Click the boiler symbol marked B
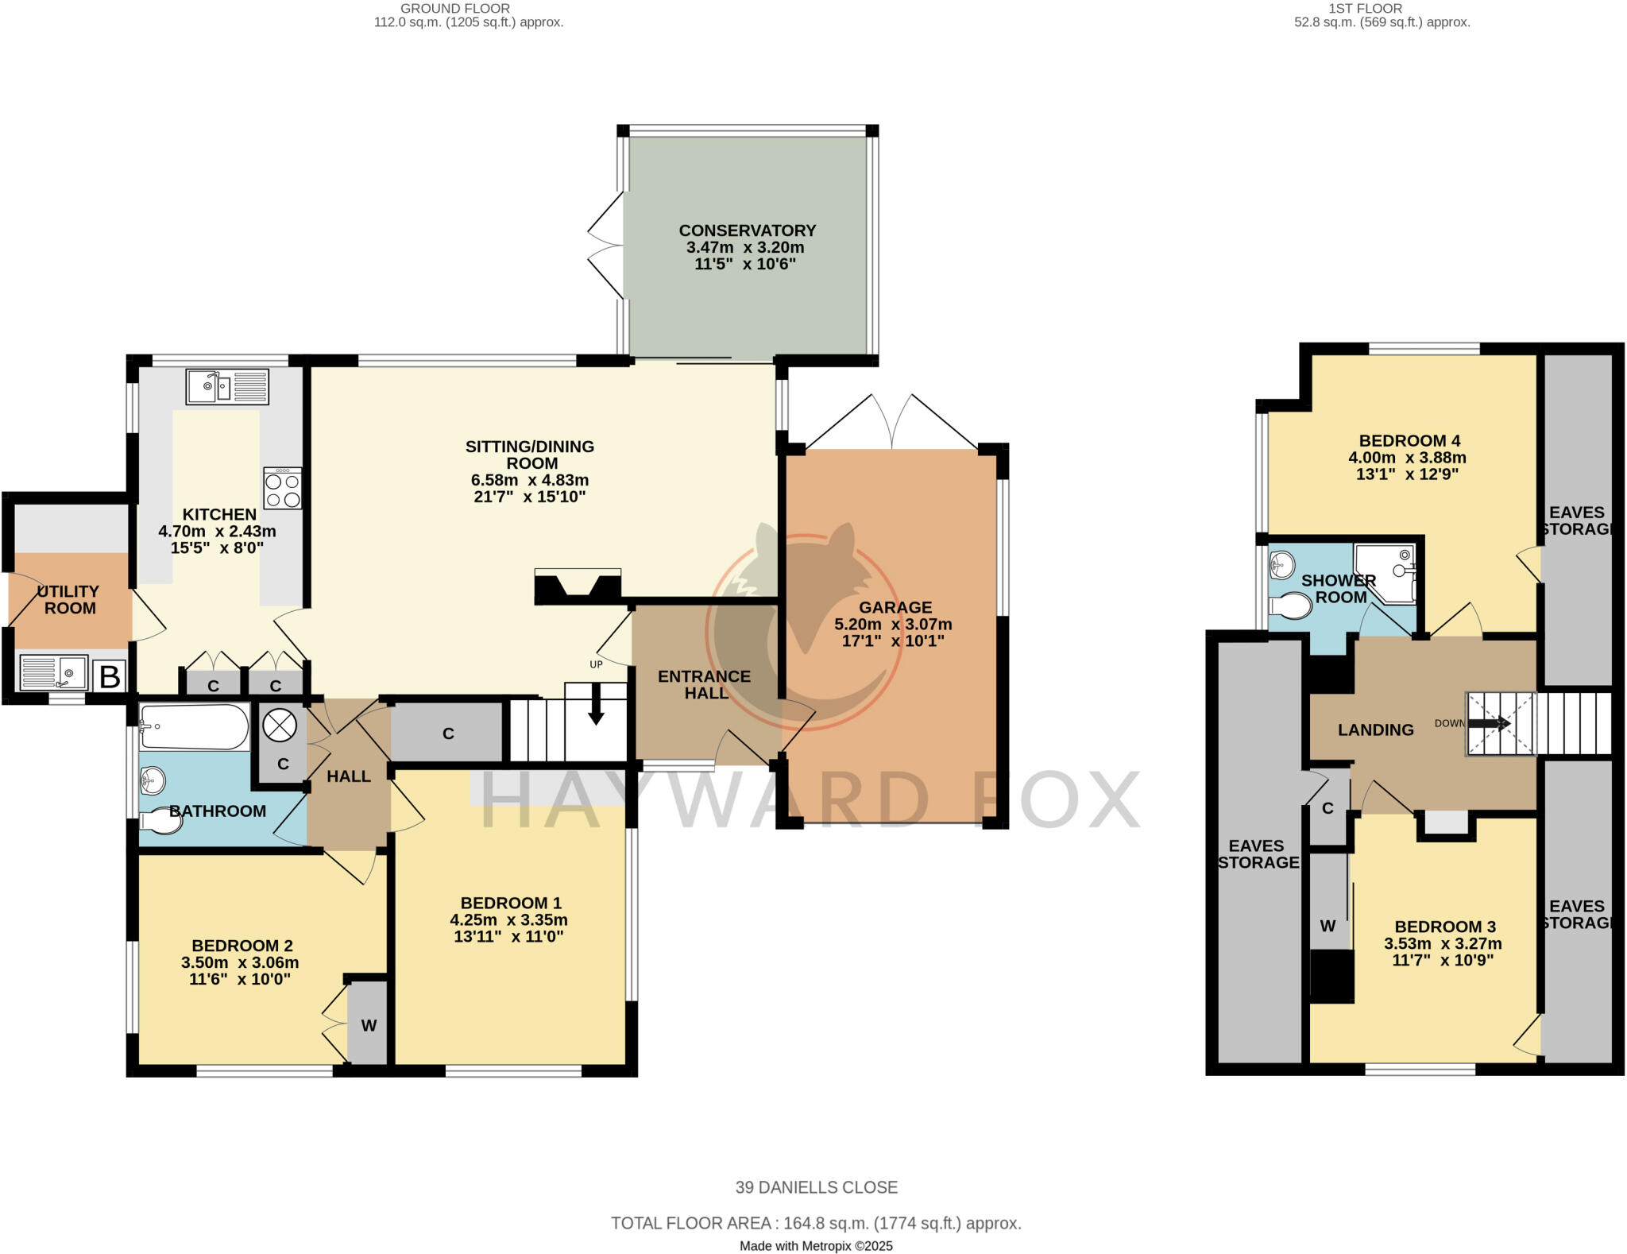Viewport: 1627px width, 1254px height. point(110,677)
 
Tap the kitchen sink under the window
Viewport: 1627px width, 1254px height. point(227,386)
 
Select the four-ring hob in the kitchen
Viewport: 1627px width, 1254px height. point(283,489)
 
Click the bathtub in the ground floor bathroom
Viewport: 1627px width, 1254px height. point(195,726)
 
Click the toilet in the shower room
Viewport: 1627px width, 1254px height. point(1290,606)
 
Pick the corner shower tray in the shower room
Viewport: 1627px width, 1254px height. point(1386,572)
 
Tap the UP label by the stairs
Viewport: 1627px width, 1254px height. point(596,664)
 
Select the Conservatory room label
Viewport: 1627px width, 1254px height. point(747,230)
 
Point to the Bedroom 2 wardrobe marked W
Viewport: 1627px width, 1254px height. point(369,1026)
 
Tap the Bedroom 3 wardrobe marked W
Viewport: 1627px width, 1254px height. point(1327,926)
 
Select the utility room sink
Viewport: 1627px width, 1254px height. point(53,672)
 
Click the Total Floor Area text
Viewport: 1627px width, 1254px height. point(816,1223)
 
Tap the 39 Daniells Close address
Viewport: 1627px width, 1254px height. point(816,1187)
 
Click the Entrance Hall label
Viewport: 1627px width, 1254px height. point(704,684)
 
